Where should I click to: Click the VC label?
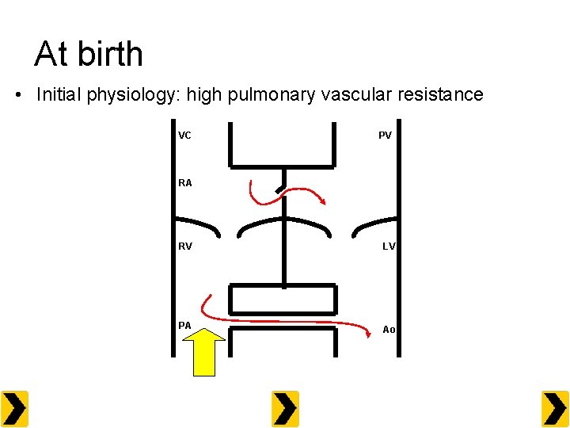[184, 136]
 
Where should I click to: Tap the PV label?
[385, 136]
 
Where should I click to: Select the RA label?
[184, 183]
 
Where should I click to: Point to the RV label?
[184, 246]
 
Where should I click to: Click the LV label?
[388, 246]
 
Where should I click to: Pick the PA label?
[184, 325]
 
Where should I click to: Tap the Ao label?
[388, 330]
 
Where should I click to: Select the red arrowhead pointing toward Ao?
[369, 332]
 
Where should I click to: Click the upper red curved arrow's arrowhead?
[320, 201]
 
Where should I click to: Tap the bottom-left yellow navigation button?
[14, 409]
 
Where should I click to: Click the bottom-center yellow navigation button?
[285, 409]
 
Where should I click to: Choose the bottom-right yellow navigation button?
[555, 409]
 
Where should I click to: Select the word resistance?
[442, 95]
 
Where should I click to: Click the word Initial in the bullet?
[60, 95]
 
